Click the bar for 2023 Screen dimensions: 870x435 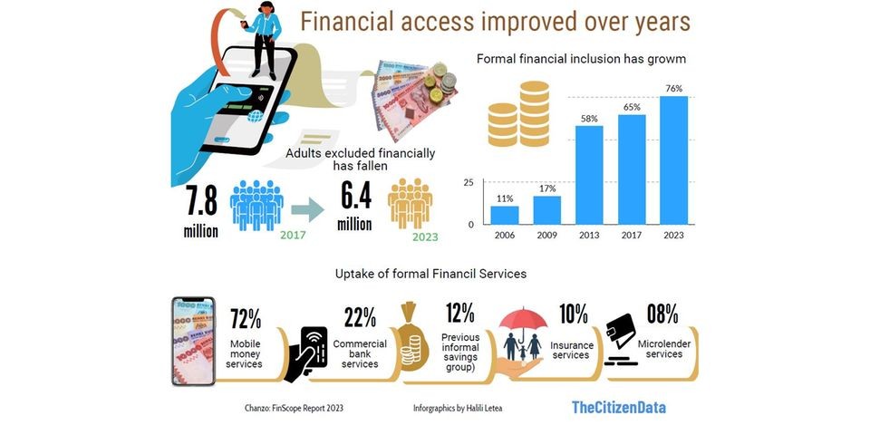tap(673, 160)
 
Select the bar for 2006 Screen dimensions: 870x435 tap(505, 216)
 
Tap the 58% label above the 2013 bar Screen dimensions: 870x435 tap(589, 119)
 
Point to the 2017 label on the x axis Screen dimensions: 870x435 tap(632, 236)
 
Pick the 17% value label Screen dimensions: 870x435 tap(546, 188)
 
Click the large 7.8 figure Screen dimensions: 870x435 tap(201, 200)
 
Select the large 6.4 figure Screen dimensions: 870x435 tap(355, 196)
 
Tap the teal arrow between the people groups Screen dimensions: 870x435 tap(307, 209)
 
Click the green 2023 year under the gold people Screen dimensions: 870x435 tap(425, 237)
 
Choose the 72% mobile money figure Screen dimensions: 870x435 tap(246, 318)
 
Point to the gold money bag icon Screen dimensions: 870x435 tap(412, 335)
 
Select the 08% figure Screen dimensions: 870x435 tap(662, 314)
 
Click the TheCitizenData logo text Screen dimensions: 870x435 tap(619, 407)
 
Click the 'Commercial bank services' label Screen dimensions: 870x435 tap(360, 354)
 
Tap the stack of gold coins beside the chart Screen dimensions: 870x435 tap(518, 114)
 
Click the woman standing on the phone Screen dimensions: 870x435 tap(264, 39)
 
